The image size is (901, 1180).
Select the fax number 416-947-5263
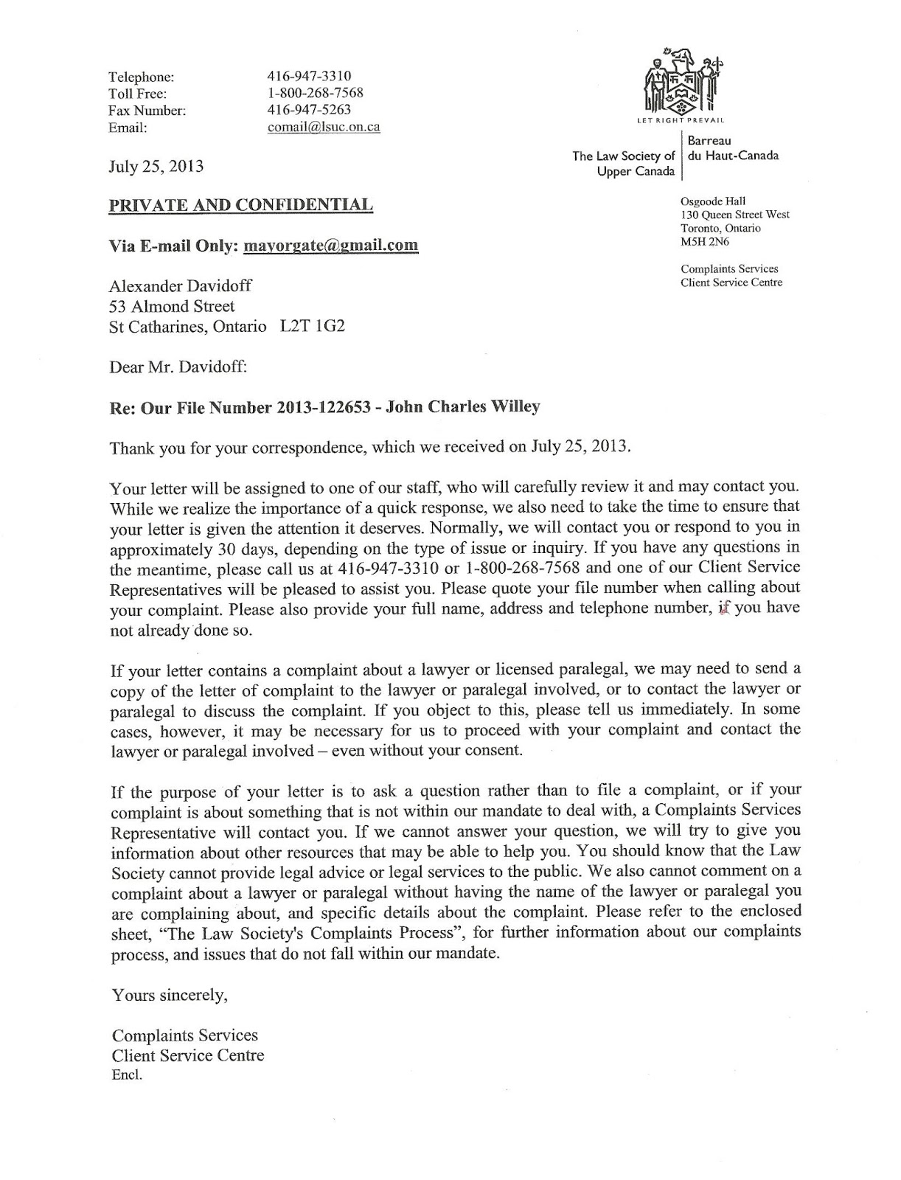point(309,110)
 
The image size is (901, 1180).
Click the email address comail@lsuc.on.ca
point(324,127)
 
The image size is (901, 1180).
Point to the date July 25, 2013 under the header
point(156,166)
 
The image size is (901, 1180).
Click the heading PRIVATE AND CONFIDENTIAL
point(241,205)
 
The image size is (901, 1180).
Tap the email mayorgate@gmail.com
point(330,246)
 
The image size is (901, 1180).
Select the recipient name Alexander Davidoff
point(181,286)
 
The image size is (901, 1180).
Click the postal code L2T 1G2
point(312,326)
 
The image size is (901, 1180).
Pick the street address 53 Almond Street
point(172,306)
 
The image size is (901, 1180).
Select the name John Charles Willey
point(477,406)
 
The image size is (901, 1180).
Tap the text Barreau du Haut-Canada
point(731,147)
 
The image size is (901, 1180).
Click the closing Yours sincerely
point(170,995)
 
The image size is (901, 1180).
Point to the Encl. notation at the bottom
point(127,1075)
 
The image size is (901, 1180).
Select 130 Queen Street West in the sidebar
point(735,215)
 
